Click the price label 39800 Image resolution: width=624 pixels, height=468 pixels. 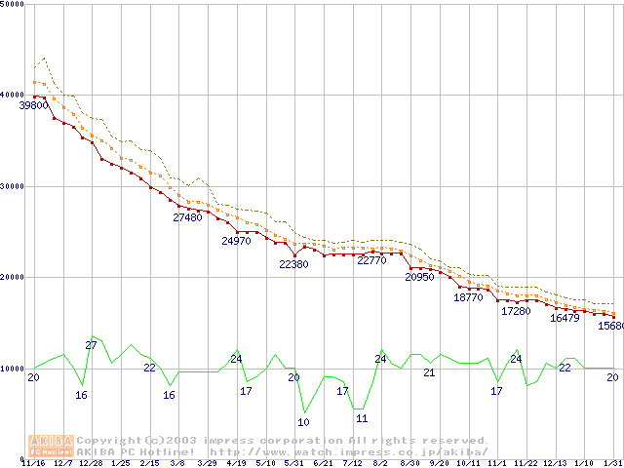[x=33, y=104]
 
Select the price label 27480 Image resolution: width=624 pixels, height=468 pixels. [x=187, y=218]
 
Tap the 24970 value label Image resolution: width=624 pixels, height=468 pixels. [x=236, y=241]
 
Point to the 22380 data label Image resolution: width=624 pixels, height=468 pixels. [x=293, y=264]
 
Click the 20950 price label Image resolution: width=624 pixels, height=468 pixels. [x=419, y=277]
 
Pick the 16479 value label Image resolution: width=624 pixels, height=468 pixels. [x=565, y=318]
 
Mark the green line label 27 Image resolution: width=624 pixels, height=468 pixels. [x=91, y=345]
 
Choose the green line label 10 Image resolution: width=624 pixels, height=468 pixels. [x=303, y=422]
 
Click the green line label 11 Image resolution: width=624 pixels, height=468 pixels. [x=362, y=418]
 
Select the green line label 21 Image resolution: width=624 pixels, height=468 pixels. [x=429, y=372]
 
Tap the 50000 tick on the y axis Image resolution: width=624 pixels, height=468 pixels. [x=13, y=5]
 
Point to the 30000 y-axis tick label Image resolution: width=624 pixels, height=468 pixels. [x=13, y=186]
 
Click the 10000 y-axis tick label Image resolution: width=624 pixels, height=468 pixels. [x=13, y=369]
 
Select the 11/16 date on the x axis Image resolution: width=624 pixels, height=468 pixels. [x=32, y=463]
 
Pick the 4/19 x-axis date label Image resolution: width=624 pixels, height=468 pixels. [x=236, y=463]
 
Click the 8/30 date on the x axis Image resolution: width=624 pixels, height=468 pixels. [x=409, y=463]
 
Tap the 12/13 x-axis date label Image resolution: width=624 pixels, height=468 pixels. [x=555, y=463]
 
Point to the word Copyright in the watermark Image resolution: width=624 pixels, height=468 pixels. [x=110, y=441]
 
